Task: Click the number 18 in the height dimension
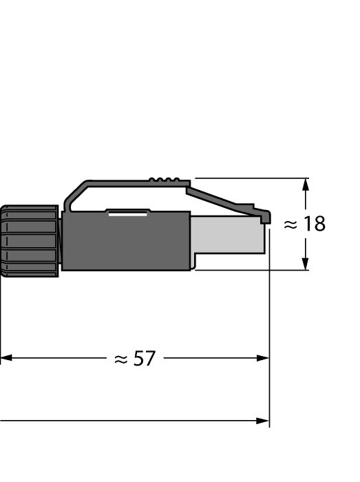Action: pos(315,224)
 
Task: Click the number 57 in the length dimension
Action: pos(145,359)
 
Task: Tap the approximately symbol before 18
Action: pos(290,224)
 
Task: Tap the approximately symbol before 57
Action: pos(121,359)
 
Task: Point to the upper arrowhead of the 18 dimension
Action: pos(306,184)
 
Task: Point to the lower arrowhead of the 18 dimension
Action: pos(306,264)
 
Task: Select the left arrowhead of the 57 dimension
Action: pos(6,358)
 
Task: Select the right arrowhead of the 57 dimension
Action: pos(262,358)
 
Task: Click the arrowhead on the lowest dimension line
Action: pos(262,420)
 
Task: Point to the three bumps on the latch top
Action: pos(163,180)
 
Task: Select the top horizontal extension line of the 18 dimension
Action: pos(248,178)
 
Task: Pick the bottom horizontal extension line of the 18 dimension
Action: pos(248,270)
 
